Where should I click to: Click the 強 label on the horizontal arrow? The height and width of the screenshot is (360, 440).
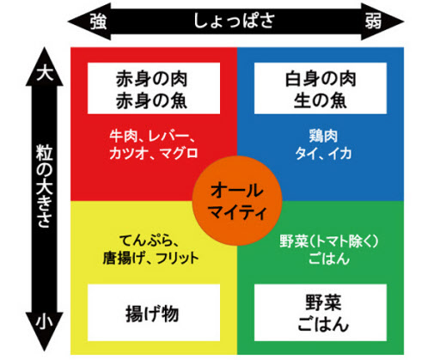(99, 21)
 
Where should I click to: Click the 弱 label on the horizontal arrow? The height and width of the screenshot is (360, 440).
(373, 21)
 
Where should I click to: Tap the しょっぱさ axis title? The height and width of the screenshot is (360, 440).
(235, 21)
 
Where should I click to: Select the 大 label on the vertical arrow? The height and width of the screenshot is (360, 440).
(45, 73)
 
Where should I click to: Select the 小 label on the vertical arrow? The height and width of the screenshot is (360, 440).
(45, 320)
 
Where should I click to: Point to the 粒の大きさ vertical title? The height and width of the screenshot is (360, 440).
(45, 186)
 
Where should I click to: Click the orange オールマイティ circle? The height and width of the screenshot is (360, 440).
(237, 200)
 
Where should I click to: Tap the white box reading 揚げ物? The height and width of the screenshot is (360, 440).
(154, 313)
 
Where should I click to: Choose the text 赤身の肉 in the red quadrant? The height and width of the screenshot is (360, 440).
(152, 79)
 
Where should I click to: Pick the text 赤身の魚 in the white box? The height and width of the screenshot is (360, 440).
(152, 101)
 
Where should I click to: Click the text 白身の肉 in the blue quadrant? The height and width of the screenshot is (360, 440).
(321, 79)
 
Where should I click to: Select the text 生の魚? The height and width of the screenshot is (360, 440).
(321, 101)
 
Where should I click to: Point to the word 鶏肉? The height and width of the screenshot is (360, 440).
(323, 136)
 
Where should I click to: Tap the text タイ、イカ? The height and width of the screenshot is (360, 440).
(323, 153)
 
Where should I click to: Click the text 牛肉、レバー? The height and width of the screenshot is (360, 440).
(150, 136)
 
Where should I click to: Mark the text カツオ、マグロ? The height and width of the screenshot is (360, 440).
(154, 153)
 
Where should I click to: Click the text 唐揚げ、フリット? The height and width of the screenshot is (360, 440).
(151, 258)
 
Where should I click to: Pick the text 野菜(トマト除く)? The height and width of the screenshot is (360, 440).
(329, 241)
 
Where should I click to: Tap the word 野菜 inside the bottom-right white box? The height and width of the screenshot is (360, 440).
(323, 302)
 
